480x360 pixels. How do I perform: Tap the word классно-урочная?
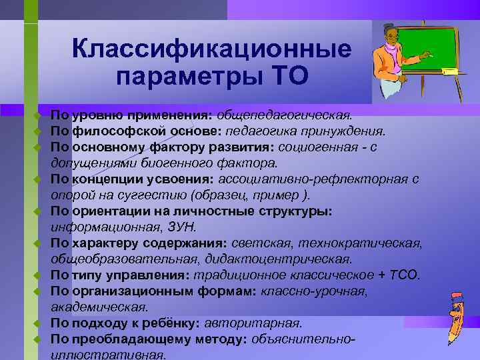[x=313, y=291]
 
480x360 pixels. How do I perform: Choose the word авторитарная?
[x=253, y=323]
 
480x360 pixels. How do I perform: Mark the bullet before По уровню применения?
[x=39, y=115]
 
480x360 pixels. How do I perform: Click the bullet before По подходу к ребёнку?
[x=39, y=324]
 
